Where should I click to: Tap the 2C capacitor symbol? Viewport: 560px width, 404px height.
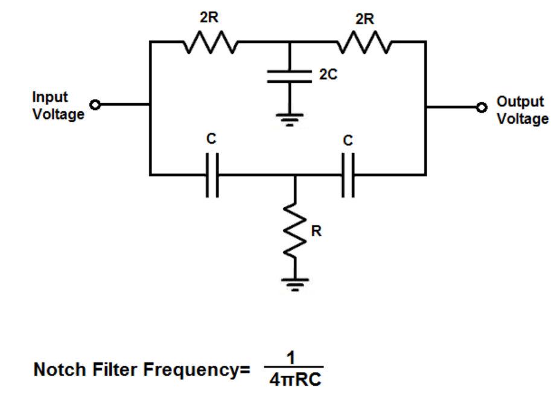pos(290,77)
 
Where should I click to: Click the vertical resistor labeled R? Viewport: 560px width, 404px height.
pos(295,233)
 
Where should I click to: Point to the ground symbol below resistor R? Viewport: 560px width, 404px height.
pos(295,282)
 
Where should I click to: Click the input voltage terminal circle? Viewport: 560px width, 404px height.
pos(94,104)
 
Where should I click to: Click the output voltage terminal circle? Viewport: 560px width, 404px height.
pos(481,107)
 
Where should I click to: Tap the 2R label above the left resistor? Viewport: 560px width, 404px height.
pos(209,18)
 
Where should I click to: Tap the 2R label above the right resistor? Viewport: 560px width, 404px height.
pos(364,19)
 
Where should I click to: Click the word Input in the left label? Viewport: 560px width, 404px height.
pos(50,97)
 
